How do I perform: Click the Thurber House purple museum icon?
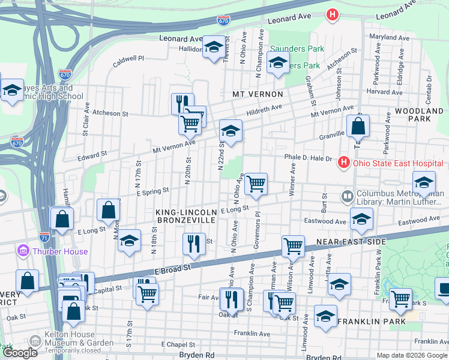(x=23, y=250)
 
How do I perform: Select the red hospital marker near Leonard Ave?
(x=331, y=14)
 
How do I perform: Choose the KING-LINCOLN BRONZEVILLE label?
(x=185, y=217)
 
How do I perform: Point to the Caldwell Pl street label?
(x=129, y=59)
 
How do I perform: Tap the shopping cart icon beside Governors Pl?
(x=256, y=183)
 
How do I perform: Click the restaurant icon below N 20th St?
(x=193, y=243)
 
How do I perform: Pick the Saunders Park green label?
(x=297, y=49)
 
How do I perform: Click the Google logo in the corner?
(x=20, y=353)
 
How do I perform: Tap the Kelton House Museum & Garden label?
(x=70, y=338)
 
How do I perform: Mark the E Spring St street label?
(x=154, y=191)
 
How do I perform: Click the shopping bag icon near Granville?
(x=358, y=127)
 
